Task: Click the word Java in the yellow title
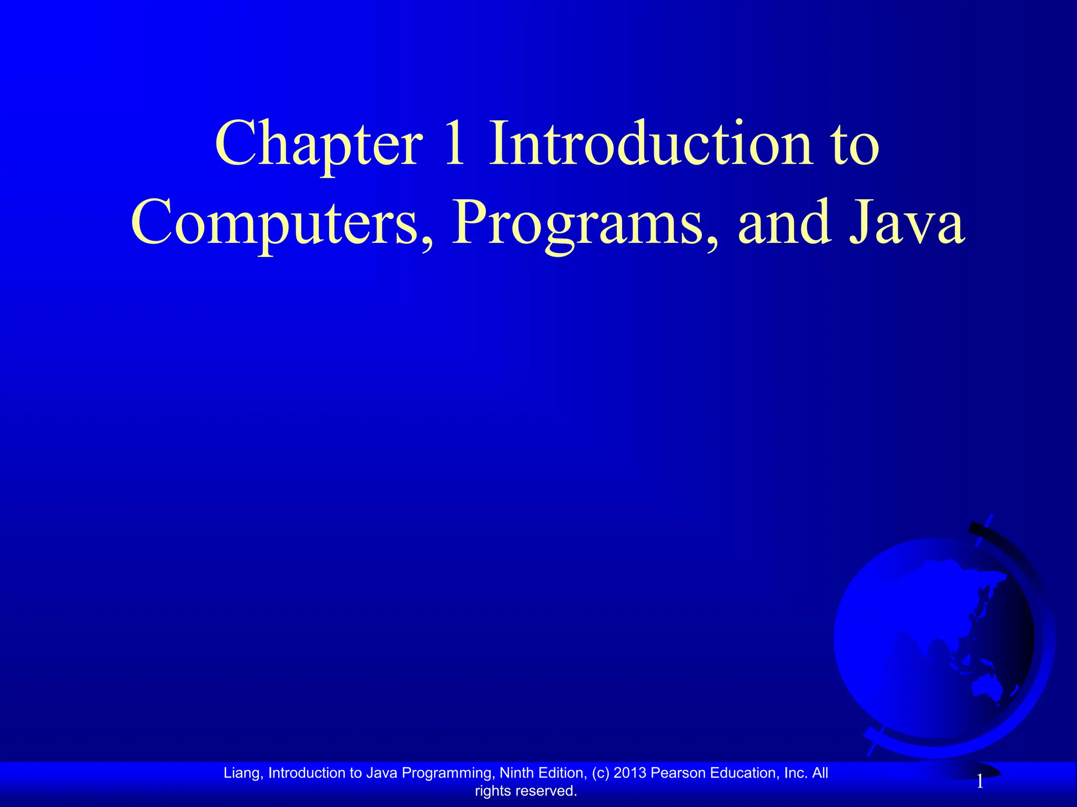click(907, 223)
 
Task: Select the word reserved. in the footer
click(546, 791)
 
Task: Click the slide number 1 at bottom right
click(980, 783)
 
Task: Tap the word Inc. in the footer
click(796, 773)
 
